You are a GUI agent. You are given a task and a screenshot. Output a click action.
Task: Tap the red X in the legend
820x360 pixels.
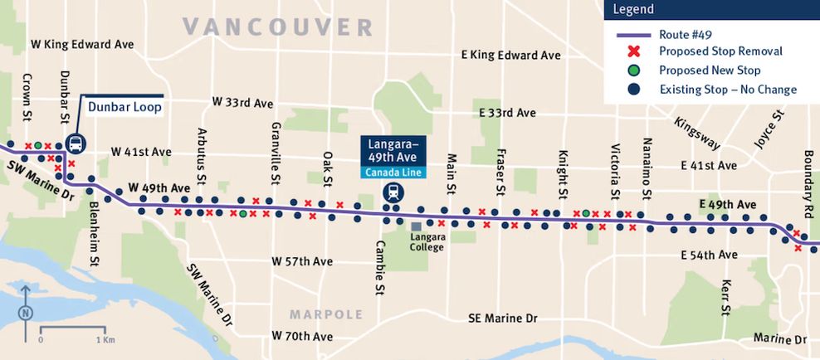point(634,51)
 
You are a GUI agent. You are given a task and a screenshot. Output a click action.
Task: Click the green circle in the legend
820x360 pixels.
point(634,71)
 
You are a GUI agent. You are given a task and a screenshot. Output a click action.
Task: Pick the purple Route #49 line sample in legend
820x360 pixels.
point(633,35)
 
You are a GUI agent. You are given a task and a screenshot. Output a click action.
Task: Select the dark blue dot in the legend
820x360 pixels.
point(634,90)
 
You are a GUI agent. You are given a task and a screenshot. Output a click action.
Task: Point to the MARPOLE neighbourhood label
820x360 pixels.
point(326,314)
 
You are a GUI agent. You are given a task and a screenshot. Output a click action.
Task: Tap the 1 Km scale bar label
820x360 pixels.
point(105,340)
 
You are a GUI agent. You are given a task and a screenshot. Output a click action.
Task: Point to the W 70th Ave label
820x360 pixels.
point(302,337)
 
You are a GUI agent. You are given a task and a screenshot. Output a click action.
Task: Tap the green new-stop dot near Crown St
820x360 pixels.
point(38,145)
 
